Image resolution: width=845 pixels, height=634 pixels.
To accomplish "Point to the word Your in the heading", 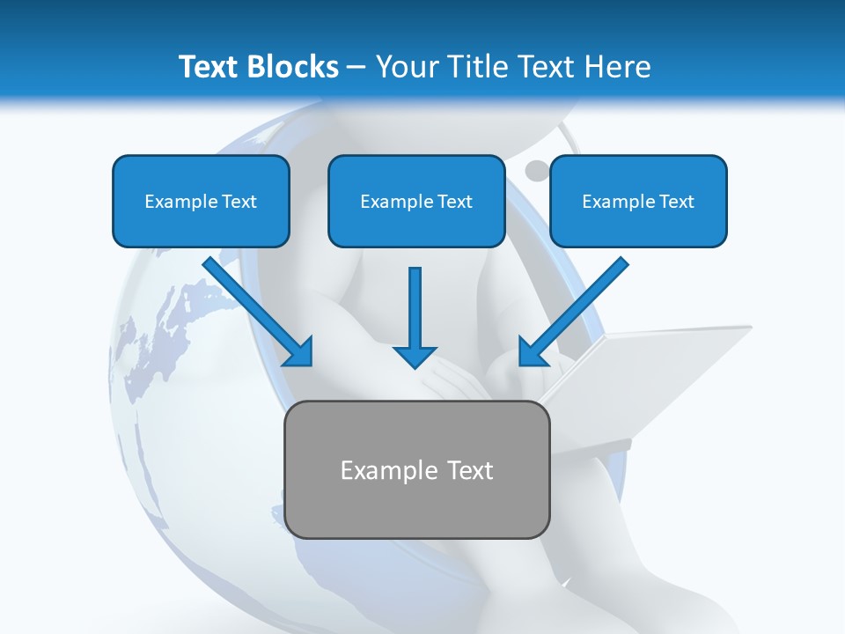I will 409,67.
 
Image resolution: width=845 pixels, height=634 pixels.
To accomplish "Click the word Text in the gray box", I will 470,471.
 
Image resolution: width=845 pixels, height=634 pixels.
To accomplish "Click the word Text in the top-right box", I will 676,202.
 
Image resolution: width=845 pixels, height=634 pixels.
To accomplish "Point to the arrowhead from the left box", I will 300,353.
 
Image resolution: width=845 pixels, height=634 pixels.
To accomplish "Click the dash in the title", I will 356,68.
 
